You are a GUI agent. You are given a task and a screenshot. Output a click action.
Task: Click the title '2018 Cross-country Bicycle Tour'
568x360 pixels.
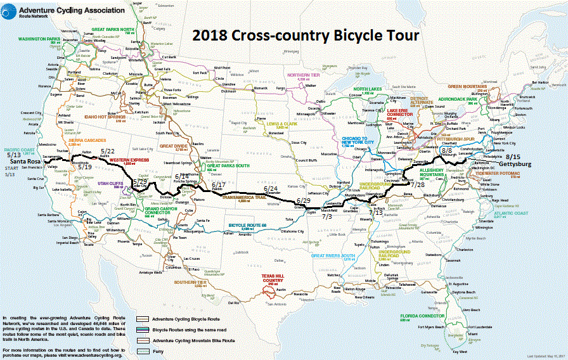[x=306, y=35]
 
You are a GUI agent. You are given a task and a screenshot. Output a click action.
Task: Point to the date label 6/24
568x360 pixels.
[x=270, y=189]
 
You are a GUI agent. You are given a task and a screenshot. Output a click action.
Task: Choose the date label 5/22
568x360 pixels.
[x=108, y=151]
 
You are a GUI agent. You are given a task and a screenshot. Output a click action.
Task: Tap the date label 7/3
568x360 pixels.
[x=327, y=216]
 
